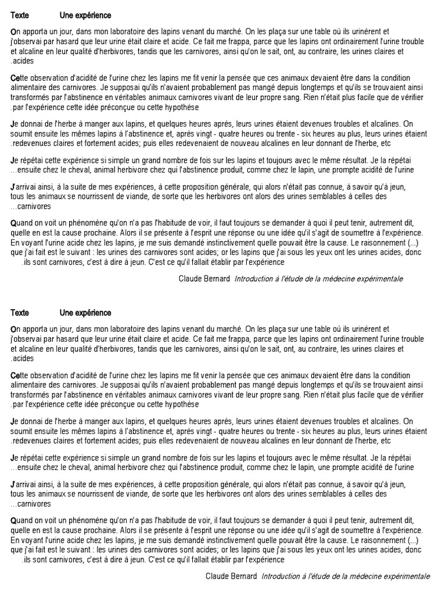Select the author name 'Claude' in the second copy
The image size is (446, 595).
(218, 576)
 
